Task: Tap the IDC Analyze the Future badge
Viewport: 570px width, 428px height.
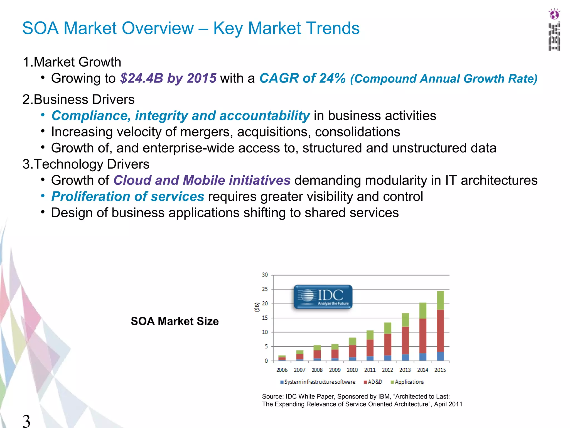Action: click(x=323, y=297)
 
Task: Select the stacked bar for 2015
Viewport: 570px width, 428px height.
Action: click(x=440, y=326)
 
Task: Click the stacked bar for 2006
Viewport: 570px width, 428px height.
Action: click(x=282, y=358)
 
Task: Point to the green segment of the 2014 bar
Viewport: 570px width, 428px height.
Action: click(x=423, y=311)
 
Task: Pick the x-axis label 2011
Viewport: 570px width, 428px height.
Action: click(x=370, y=370)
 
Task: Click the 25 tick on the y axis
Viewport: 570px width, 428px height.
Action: click(x=265, y=289)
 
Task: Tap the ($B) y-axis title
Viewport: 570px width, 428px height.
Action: click(x=257, y=307)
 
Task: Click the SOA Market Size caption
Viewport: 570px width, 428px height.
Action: click(x=175, y=321)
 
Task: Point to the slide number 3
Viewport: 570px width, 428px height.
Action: click(x=26, y=421)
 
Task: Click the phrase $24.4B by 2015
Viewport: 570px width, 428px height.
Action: click(x=168, y=78)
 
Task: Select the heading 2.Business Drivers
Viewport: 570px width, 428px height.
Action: click(x=78, y=99)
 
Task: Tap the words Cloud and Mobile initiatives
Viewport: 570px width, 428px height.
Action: click(x=202, y=180)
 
